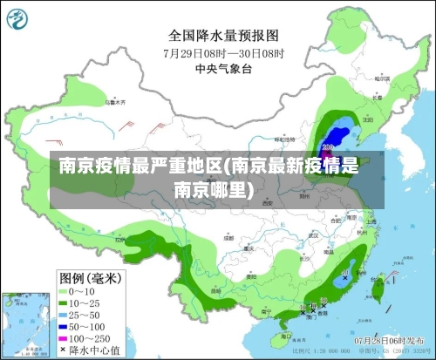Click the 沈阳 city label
[x=358, y=114]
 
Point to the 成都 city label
[x=228, y=236]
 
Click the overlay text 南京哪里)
[x=214, y=188]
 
